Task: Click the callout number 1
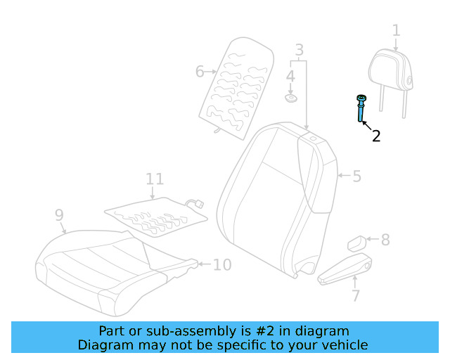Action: [396, 30]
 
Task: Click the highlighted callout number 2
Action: [376, 136]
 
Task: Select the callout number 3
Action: [299, 50]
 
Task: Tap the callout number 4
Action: [290, 75]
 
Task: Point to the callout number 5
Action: [356, 176]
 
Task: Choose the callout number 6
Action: [200, 71]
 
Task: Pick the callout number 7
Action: [356, 295]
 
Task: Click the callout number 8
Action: [385, 240]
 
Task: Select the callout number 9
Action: [59, 215]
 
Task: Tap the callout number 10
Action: [221, 264]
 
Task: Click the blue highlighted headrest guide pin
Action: [361, 109]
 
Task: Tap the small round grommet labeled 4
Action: [290, 94]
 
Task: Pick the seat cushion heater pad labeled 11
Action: [156, 212]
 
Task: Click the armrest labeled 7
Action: [345, 271]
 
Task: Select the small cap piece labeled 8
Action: [356, 243]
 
